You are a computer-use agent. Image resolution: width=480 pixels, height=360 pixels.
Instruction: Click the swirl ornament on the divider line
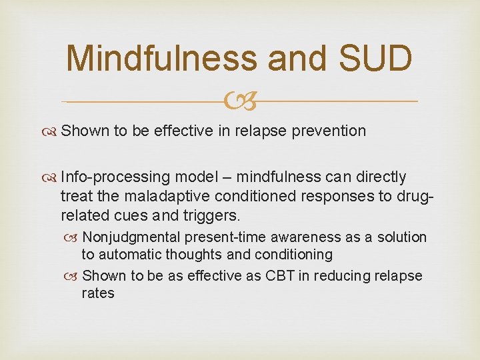(240, 101)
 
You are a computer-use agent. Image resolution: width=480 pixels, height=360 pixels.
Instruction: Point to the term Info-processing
(114, 177)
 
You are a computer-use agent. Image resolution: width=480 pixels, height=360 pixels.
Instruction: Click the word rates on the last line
(98, 293)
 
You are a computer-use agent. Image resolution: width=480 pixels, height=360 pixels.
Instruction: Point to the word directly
(381, 177)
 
